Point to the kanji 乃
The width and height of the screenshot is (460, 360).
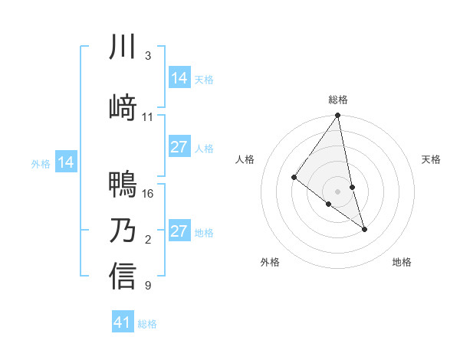point(123,230)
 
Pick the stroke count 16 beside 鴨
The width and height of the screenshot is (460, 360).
point(149,194)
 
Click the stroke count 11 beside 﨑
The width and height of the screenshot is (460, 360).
point(148,117)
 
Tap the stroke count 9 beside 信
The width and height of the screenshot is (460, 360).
point(147,286)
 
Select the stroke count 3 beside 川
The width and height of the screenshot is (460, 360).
point(147,56)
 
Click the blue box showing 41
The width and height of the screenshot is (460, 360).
point(123,322)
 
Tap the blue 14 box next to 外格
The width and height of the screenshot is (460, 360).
point(66,162)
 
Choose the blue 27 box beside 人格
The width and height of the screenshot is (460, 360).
point(179,147)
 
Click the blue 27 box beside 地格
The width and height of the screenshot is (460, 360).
point(179,231)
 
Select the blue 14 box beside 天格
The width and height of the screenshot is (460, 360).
point(179,78)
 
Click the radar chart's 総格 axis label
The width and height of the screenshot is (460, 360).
point(338,100)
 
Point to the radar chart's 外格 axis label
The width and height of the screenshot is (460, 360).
point(270,262)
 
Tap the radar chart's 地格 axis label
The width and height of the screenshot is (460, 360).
point(402,262)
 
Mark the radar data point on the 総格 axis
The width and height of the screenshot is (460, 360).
point(338,116)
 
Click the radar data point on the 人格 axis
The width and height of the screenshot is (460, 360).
point(294,177)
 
